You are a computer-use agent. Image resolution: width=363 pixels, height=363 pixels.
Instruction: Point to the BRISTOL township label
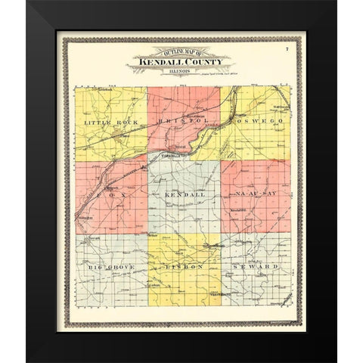[x=181, y=120]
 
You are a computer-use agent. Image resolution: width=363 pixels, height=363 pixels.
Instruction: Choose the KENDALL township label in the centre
[x=184, y=194]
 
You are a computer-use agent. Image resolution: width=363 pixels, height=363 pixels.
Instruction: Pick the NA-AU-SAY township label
[x=256, y=194]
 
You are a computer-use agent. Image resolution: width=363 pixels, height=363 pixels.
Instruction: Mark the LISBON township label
[x=184, y=267]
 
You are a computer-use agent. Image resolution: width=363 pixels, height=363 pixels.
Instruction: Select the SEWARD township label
[x=256, y=267]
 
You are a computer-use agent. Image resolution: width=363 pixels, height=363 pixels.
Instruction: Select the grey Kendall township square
[x=184, y=212]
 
